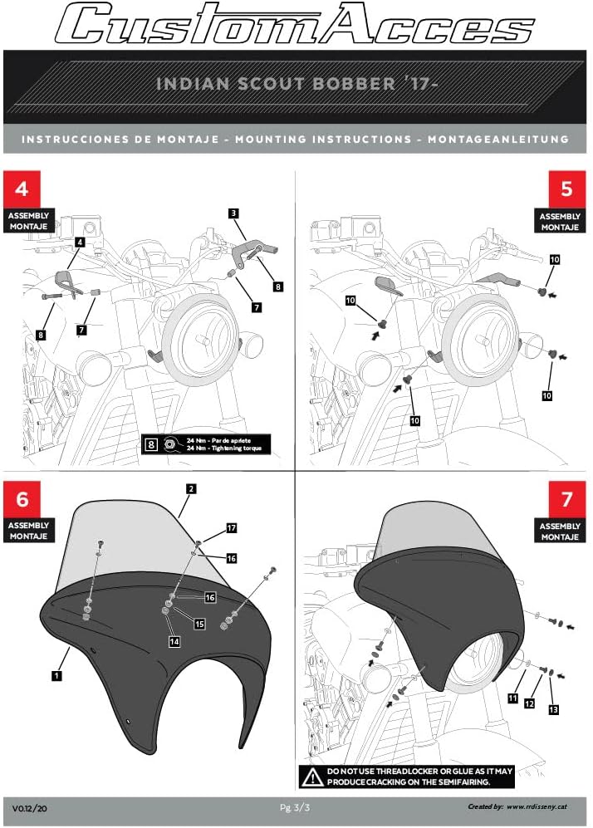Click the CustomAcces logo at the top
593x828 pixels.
tap(296, 23)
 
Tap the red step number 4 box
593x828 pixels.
tap(22, 189)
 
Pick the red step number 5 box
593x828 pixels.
tap(566, 189)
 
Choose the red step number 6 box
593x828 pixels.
tap(22, 498)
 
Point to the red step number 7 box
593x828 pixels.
tap(566, 498)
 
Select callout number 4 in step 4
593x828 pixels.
tap(79, 242)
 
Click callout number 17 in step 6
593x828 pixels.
tap(232, 527)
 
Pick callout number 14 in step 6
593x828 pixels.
tap(174, 641)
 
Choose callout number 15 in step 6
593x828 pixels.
tap(199, 622)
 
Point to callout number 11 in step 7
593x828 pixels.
tap(512, 698)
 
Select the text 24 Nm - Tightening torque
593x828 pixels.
tap(228, 448)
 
